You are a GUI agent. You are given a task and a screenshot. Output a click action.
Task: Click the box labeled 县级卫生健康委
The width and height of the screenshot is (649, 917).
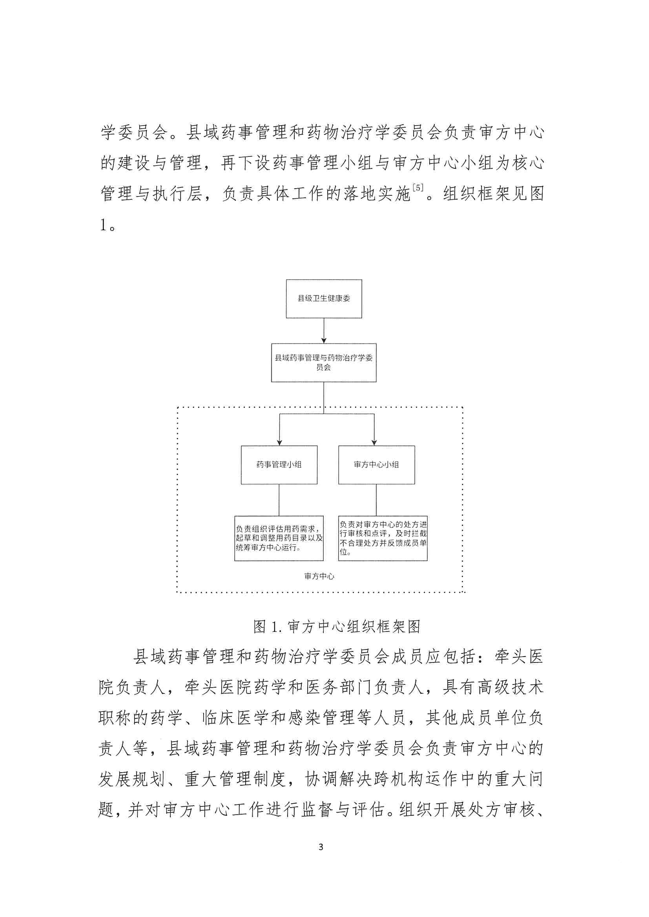click(x=324, y=299)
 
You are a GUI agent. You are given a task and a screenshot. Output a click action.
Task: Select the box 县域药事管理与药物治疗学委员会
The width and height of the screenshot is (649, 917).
click(x=324, y=363)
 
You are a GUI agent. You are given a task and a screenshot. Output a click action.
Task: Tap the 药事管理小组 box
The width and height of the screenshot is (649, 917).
click(x=279, y=465)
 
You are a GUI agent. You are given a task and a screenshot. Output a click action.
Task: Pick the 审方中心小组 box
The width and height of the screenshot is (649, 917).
click(x=376, y=465)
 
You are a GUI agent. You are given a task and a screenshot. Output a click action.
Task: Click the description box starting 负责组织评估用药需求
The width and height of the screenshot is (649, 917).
click(x=279, y=539)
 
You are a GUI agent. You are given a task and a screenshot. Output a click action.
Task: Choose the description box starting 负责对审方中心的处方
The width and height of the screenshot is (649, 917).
click(x=383, y=539)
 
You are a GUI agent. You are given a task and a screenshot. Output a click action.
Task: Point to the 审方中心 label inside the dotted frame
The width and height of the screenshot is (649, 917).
click(x=319, y=576)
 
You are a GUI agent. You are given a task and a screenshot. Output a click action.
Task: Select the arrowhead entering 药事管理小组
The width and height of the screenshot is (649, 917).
click(x=279, y=442)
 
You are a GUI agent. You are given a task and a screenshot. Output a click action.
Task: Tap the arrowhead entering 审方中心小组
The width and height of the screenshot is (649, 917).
click(x=374, y=442)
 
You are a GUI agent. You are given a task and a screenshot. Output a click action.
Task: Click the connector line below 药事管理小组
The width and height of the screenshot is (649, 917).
click(x=279, y=500)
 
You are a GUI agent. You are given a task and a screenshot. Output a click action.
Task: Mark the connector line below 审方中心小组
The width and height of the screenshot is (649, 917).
click(x=376, y=500)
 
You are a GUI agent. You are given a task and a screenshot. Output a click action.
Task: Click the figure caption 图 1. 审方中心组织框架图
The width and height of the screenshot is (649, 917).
click(x=337, y=627)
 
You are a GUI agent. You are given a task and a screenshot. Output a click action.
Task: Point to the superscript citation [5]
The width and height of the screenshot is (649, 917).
click(x=417, y=187)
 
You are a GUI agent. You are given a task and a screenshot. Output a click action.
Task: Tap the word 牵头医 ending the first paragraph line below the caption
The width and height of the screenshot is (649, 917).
click(x=519, y=657)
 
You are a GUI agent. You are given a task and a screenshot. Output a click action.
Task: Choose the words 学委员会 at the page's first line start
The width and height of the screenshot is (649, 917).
click(x=134, y=133)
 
